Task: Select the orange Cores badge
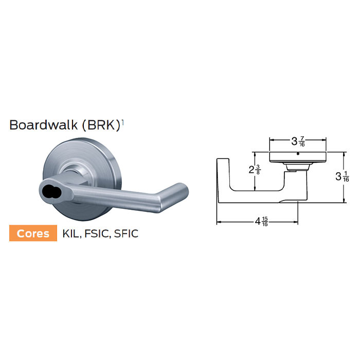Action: coord(33,233)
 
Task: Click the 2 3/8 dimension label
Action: coord(254,170)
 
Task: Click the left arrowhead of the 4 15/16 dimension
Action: coord(218,222)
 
